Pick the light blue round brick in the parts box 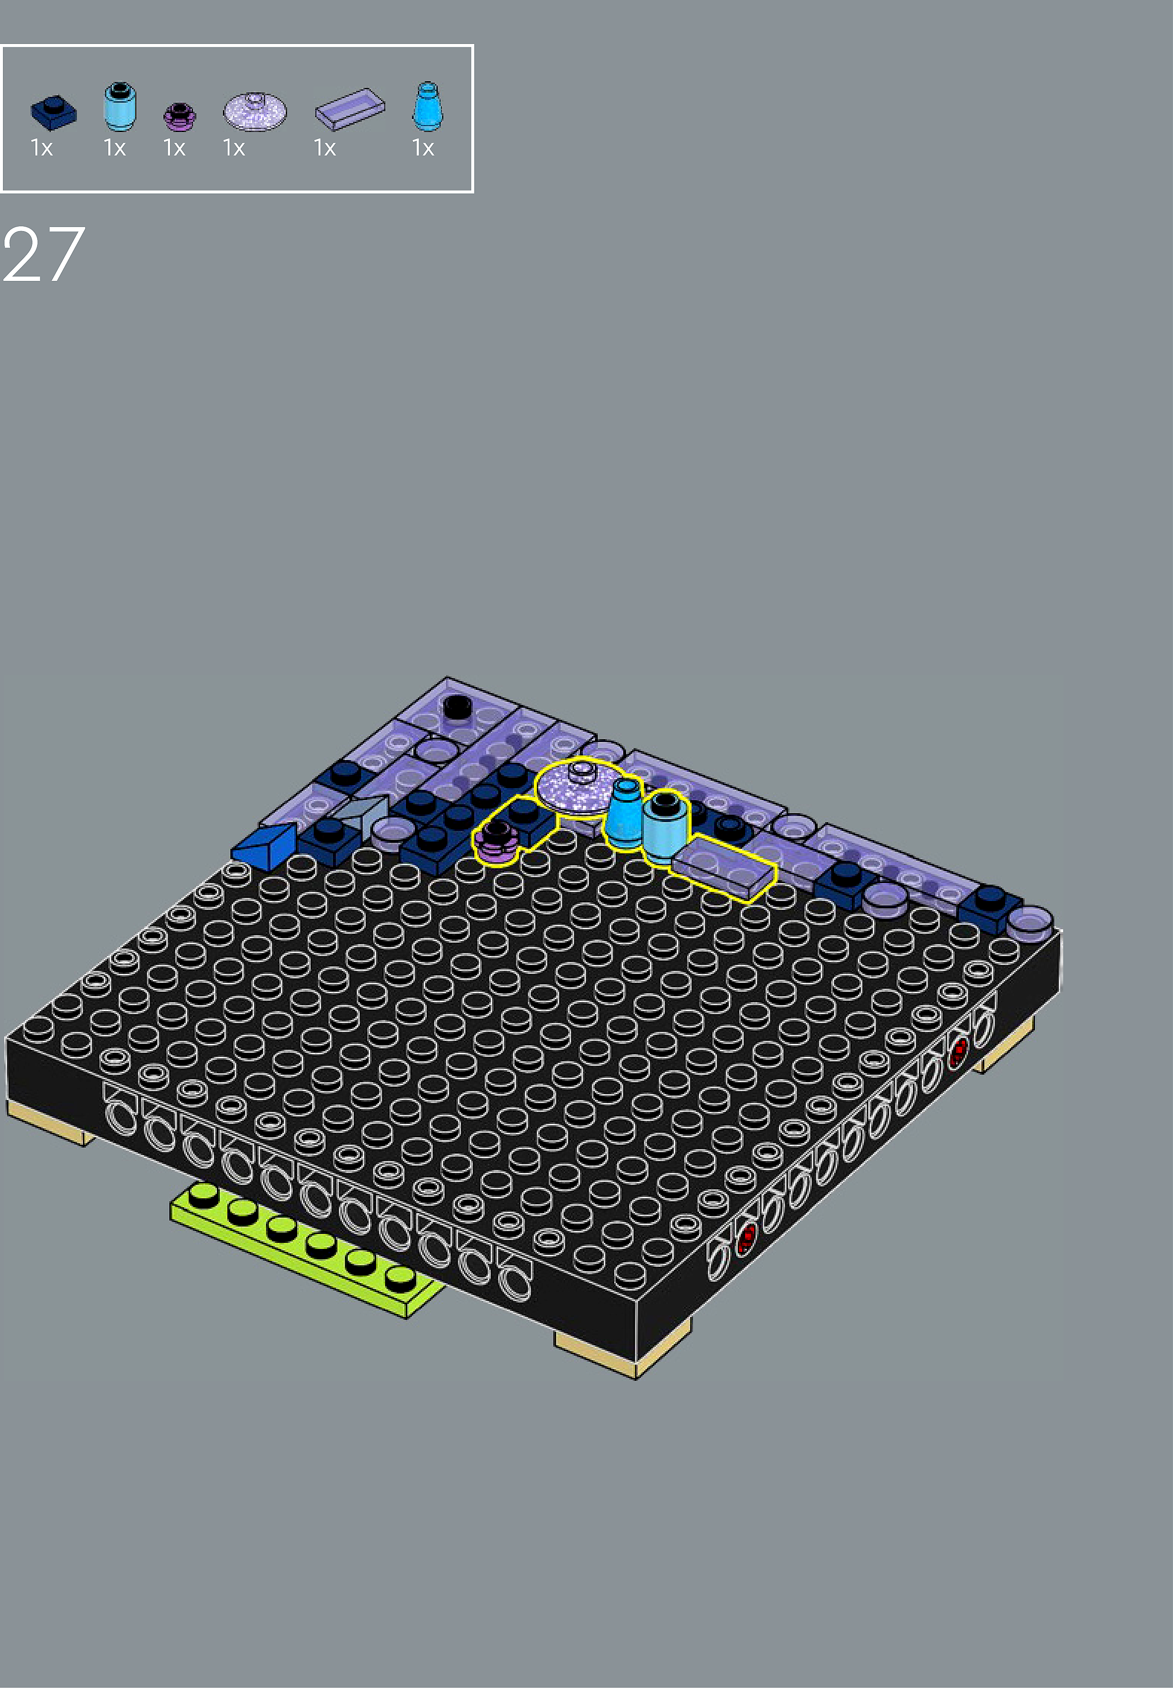click(120, 106)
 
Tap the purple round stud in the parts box click(179, 116)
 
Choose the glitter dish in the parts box click(255, 112)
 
